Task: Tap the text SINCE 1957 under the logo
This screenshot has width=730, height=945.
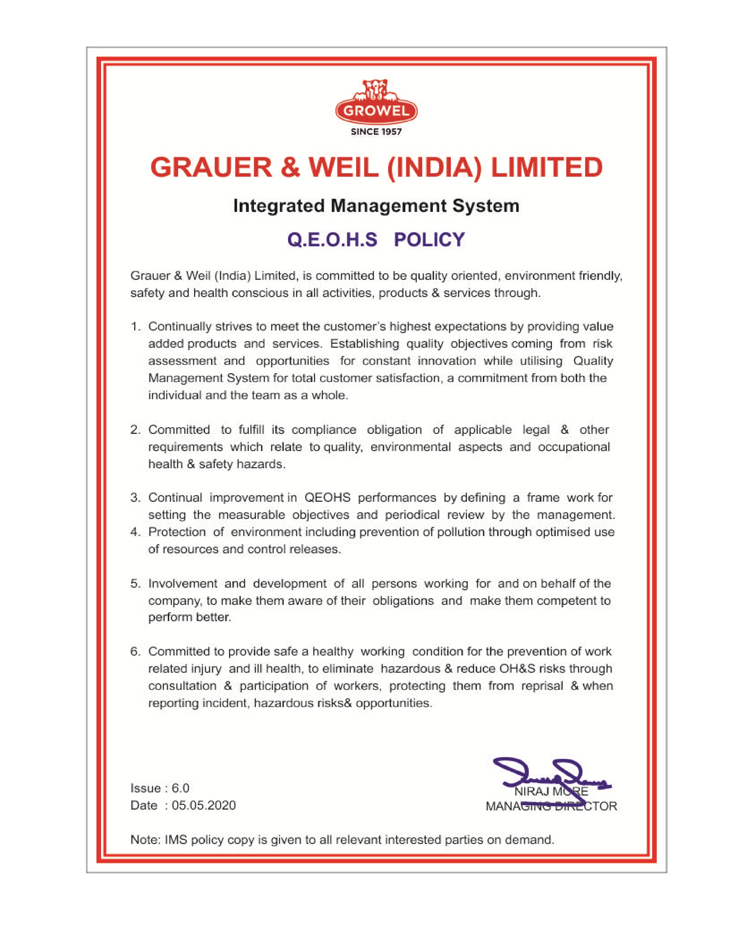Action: (x=376, y=131)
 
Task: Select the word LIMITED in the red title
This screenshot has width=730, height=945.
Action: (x=546, y=168)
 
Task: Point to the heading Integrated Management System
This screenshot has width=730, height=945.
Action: (x=376, y=206)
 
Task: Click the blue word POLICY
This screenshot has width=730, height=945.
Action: (x=429, y=240)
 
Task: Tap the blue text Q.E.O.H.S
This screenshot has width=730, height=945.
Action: (x=332, y=240)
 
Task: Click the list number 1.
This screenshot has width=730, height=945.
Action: (x=135, y=327)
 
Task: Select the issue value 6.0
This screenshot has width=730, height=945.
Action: (x=180, y=788)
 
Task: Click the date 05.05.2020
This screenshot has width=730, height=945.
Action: (x=204, y=805)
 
